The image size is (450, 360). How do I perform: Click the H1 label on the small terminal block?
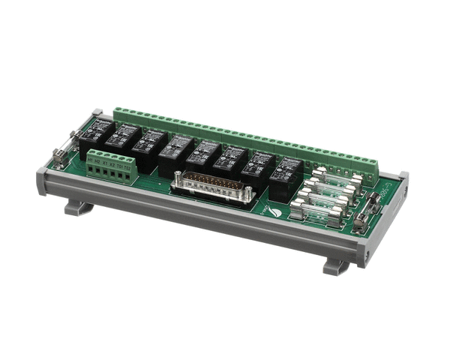pos(91,160)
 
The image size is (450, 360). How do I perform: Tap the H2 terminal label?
pos(99,161)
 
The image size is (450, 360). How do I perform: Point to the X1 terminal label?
pos(106,163)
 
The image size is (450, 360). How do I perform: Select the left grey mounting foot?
pos(79,207)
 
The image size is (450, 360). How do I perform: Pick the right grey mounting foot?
pos(337,265)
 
